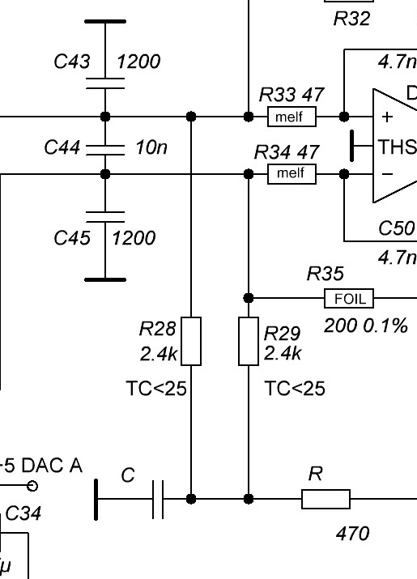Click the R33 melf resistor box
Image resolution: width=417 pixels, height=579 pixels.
click(291, 117)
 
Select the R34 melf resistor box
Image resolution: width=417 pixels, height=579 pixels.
click(291, 174)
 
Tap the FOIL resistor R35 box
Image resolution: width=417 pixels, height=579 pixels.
click(349, 298)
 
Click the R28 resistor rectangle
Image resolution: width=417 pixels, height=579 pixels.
click(191, 341)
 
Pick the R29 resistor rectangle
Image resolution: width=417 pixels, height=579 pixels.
click(249, 341)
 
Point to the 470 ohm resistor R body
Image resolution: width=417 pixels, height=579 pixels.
click(326, 500)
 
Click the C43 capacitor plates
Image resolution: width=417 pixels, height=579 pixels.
click(105, 83)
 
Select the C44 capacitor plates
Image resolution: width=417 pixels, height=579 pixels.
click(105, 150)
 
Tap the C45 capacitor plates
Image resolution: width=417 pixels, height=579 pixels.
click(105, 217)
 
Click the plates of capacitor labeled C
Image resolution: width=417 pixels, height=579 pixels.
click(158, 500)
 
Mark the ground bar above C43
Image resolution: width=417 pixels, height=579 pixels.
click(105, 21)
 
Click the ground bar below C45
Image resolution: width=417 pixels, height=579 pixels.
click(105, 280)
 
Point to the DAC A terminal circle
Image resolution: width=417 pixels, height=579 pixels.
click(32, 486)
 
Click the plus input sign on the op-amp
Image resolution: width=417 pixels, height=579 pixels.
click(387, 117)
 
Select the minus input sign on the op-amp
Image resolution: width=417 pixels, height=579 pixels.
click(387, 174)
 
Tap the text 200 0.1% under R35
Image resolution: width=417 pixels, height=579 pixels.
click(366, 326)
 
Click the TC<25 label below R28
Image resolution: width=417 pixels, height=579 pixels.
click(156, 389)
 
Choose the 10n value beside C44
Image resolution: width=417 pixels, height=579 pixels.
click(151, 147)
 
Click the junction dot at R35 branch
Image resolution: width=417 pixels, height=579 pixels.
click(249, 298)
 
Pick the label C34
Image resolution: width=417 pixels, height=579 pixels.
click(23, 513)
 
